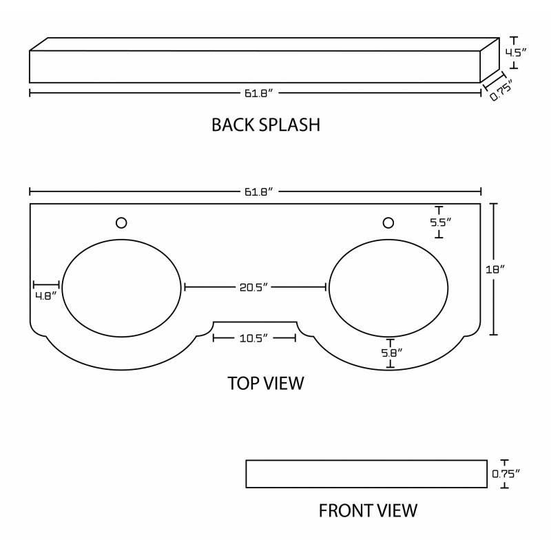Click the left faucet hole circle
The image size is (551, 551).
point(121,222)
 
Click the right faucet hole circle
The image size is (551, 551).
point(388,222)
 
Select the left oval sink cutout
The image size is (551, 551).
point(122,288)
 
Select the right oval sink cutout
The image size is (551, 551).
point(388,288)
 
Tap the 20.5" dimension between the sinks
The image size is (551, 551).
point(253,287)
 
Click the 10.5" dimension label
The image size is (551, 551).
point(253,338)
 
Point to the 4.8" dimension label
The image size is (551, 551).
point(45,296)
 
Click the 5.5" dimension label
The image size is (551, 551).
point(441,222)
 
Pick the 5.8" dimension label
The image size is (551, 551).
point(392,353)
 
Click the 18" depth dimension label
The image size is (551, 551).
point(495,269)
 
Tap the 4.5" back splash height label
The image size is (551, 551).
point(516,53)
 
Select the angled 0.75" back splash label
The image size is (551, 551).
point(501,90)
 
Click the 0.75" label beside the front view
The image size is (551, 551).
point(506,474)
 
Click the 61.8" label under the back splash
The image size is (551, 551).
point(259,94)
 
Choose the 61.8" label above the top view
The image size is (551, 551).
point(259,192)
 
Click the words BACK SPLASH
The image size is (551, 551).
point(266,125)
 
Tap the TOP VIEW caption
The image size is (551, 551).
point(266,383)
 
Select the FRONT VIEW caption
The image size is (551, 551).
point(368,510)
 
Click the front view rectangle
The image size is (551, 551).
point(366,474)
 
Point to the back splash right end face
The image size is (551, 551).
point(490,60)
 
